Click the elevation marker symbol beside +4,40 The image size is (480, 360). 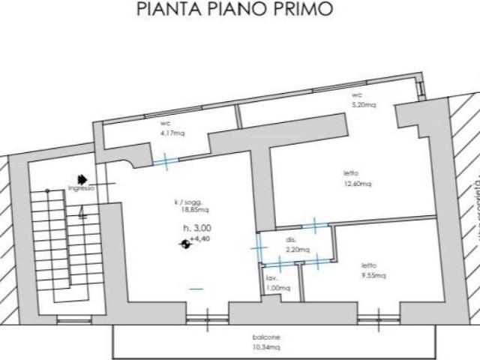pos(184,242)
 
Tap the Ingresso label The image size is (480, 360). pos(81,188)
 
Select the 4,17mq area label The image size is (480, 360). pos(172,133)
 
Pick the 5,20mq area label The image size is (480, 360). pos(363,105)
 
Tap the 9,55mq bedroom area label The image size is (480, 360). pos(373,275)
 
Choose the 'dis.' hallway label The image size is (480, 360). pos(291,240)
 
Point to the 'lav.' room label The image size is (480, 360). pos(271,278)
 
